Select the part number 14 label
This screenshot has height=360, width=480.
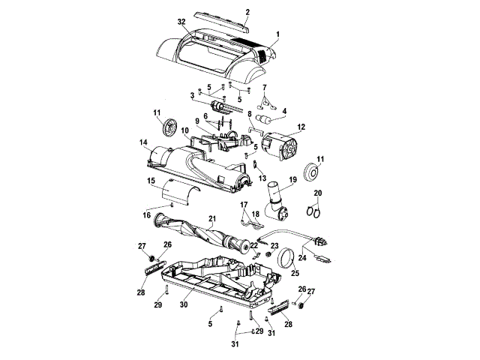pyautogui.click(x=142, y=142)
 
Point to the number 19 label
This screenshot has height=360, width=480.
pyautogui.click(x=292, y=180)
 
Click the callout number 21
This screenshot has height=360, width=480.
pyautogui.click(x=212, y=220)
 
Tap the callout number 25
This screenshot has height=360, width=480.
pyautogui.click(x=293, y=274)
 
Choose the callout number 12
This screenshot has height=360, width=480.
pyautogui.click(x=301, y=127)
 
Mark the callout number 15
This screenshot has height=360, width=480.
pyautogui.click(x=151, y=181)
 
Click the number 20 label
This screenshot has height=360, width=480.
pyautogui.click(x=317, y=193)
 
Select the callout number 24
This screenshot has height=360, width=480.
pyautogui.click(x=302, y=258)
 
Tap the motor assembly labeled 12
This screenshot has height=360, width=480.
pyautogui.click(x=283, y=145)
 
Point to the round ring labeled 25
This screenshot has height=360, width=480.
pyautogui.click(x=285, y=259)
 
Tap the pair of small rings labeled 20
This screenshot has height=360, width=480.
pyautogui.click(x=316, y=211)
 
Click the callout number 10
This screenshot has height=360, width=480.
pyautogui.click(x=184, y=130)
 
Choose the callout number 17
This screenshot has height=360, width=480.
pyautogui.click(x=244, y=204)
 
